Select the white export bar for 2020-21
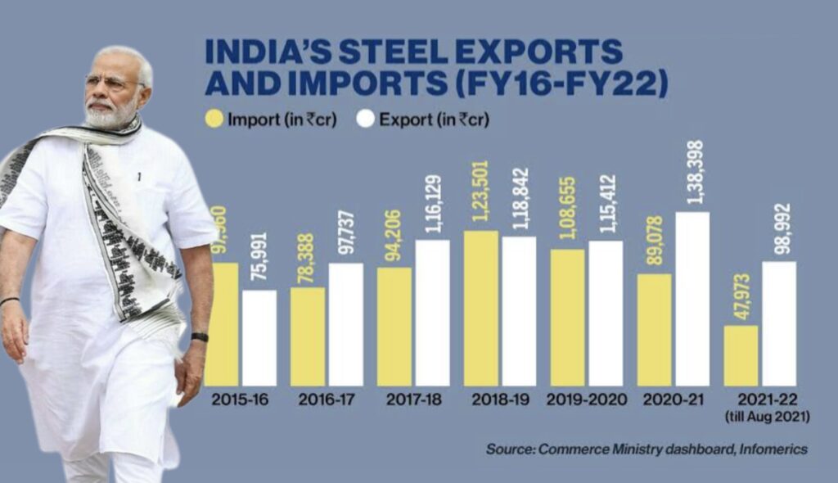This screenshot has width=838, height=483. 692,299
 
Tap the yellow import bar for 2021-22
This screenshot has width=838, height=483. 741,355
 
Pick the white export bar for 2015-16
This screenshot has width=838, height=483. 259,337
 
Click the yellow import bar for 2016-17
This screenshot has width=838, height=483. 307,336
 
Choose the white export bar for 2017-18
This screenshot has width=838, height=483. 432,313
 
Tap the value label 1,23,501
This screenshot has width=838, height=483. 481,198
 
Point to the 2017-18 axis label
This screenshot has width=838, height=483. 415,399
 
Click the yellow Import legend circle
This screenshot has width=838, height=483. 214,120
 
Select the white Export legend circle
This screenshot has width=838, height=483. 366,120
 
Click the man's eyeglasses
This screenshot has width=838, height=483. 111,83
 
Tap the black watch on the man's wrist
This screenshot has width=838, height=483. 200,336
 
